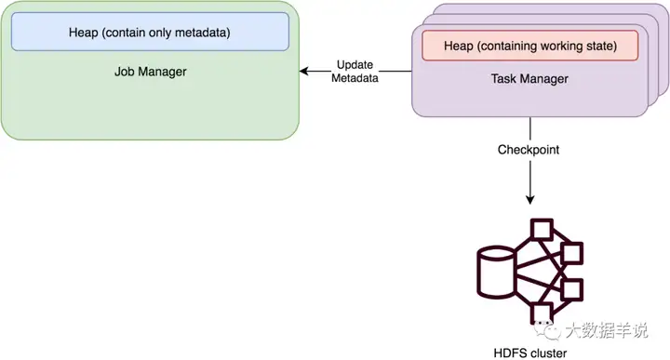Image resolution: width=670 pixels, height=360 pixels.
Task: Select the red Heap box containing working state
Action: pyautogui.click(x=529, y=44)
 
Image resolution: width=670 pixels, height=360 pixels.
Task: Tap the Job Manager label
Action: pyautogui.click(x=150, y=71)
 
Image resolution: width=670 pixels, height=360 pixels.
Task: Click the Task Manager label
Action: pyautogui.click(x=529, y=80)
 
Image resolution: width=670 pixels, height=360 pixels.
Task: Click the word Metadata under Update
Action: pyautogui.click(x=355, y=78)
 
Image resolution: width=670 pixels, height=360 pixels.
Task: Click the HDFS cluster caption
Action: pyautogui.click(x=529, y=352)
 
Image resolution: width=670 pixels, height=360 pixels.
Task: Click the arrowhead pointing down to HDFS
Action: pyautogui.click(x=530, y=198)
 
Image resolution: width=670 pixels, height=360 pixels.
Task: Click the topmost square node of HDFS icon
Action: pyautogui.click(x=541, y=229)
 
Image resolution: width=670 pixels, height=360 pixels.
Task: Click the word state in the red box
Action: pyautogui.click(x=611, y=44)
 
